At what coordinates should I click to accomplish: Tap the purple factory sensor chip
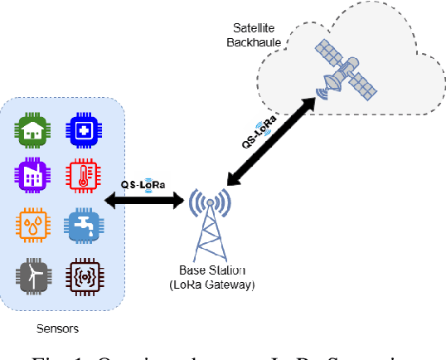point(34,175)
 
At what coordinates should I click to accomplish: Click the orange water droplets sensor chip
point(34,226)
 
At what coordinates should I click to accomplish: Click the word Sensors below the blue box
point(58,328)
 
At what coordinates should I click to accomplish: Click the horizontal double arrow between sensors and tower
point(146,200)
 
